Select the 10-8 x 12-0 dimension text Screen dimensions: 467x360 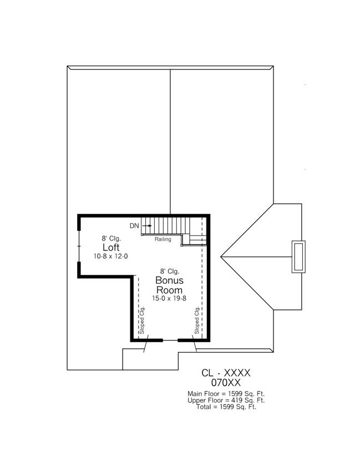point(111,257)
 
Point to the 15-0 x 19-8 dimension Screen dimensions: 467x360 point(169,298)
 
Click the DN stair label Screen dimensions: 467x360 point(134,225)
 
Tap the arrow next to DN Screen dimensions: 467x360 point(146,225)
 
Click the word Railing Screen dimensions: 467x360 point(163,239)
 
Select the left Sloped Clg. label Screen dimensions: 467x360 point(143,320)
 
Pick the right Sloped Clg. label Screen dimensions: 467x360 point(197,320)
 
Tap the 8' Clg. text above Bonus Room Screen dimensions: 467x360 point(169,271)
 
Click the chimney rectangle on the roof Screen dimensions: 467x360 point(299,256)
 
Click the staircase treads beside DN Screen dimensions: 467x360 point(171,224)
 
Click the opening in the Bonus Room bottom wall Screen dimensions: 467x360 point(170,339)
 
